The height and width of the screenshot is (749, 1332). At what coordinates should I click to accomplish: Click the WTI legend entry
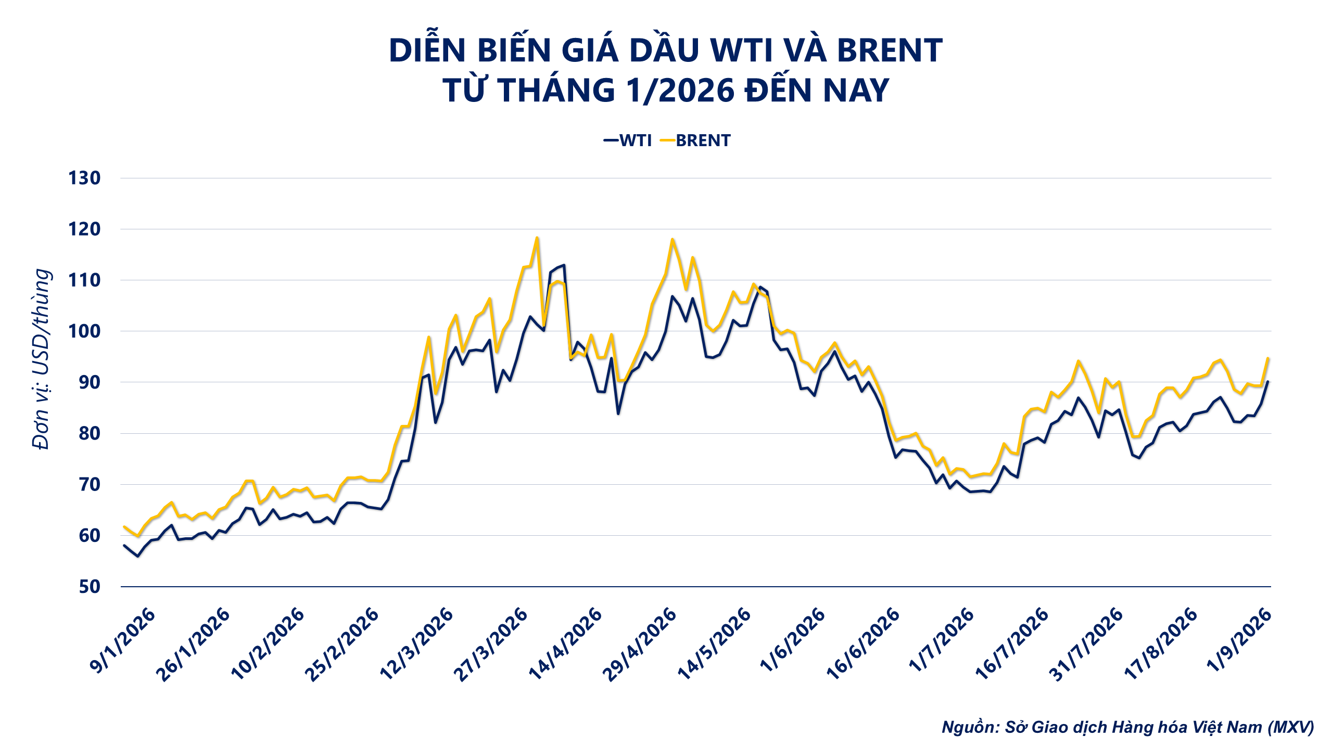(628, 140)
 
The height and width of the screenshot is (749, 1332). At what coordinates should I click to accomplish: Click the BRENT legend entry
(695, 140)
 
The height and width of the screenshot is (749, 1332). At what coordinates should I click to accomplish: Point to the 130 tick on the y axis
(84, 178)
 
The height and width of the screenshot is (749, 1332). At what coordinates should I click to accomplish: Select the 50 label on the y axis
(90, 587)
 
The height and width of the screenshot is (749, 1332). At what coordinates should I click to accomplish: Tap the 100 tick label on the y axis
(84, 331)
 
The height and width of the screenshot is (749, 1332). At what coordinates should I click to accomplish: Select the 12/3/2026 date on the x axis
(416, 644)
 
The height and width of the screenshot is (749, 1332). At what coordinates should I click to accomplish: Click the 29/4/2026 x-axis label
(640, 644)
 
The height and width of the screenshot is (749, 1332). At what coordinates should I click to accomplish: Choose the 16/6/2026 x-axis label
(862, 644)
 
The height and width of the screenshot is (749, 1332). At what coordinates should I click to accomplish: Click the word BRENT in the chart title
(890, 50)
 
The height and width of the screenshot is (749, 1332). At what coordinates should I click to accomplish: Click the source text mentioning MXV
(1128, 727)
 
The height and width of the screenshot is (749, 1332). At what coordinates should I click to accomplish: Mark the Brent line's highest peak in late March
(537, 238)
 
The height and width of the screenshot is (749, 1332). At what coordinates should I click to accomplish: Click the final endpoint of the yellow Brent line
(1268, 358)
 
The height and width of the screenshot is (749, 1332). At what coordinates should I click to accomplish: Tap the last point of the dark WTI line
(1268, 381)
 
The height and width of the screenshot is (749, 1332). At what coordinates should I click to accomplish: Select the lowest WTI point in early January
(137, 556)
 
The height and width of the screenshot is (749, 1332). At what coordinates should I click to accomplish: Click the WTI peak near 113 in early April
(564, 265)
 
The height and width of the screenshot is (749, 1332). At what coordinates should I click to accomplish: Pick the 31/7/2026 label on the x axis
(1085, 644)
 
